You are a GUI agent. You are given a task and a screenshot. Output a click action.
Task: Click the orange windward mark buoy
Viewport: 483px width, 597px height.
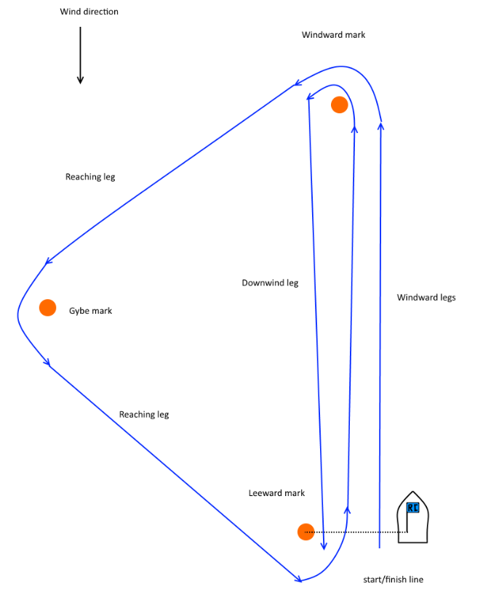pyautogui.click(x=339, y=105)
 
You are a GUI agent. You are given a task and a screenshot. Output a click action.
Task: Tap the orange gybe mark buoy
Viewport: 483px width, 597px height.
pyautogui.click(x=47, y=307)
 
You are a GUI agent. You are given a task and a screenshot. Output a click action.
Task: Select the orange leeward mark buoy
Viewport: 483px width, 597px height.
pyautogui.click(x=306, y=532)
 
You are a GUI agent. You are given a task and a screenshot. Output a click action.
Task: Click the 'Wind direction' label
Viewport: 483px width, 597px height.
pyautogui.click(x=89, y=12)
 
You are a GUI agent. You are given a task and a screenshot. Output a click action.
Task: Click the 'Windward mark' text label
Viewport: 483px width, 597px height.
pyautogui.click(x=333, y=35)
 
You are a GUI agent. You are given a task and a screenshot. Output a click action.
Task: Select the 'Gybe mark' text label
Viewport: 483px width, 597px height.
pyautogui.click(x=91, y=311)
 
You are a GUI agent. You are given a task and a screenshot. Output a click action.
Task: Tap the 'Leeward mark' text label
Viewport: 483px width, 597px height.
pyautogui.click(x=276, y=493)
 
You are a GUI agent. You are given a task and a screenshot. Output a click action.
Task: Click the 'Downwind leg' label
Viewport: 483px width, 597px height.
pyautogui.click(x=270, y=283)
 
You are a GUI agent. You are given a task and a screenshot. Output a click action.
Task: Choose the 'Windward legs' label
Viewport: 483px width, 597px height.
pyautogui.click(x=426, y=297)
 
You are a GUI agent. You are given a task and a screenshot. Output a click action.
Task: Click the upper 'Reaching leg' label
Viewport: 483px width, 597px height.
pyautogui.click(x=90, y=176)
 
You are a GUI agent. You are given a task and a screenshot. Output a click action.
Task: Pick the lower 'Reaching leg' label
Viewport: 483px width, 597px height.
pyautogui.click(x=144, y=415)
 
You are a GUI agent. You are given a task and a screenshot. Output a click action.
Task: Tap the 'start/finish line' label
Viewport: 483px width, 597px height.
pyautogui.click(x=393, y=580)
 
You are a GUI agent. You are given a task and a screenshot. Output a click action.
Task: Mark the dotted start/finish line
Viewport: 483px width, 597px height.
pyautogui.click(x=356, y=532)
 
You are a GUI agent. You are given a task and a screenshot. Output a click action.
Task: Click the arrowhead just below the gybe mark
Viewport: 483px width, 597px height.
pyautogui.click(x=48, y=362)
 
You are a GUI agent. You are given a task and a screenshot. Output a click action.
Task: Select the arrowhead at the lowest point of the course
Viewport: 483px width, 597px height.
pyautogui.click(x=298, y=579)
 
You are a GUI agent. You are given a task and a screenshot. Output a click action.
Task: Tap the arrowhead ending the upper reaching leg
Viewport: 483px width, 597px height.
pyautogui.click(x=48, y=261)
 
